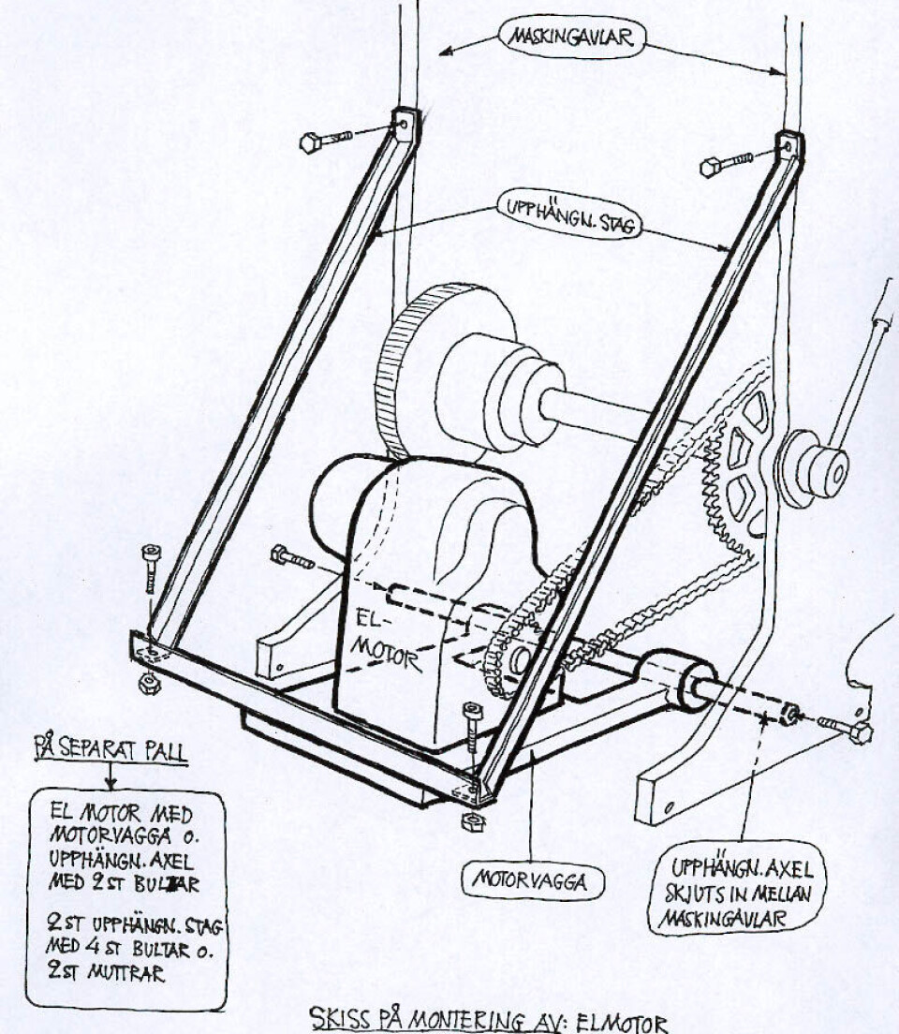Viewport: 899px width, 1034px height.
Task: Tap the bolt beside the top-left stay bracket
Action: point(323,140)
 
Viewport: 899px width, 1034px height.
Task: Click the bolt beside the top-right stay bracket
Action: point(726,164)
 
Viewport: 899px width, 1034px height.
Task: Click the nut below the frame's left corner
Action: point(148,685)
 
